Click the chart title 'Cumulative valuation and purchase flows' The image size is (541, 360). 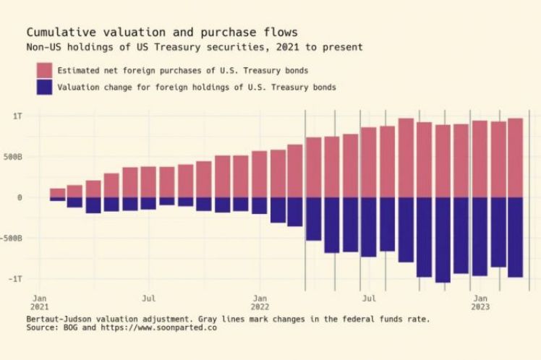pyautogui.click(x=161, y=33)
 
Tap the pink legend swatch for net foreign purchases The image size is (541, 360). pyautogui.click(x=45, y=70)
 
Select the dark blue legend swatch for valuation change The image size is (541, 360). pyautogui.click(x=45, y=87)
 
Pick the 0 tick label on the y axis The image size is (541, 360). pyautogui.click(x=20, y=197)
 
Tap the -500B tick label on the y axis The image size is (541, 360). pyautogui.click(x=12, y=238)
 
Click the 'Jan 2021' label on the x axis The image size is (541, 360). pyautogui.click(x=40, y=301)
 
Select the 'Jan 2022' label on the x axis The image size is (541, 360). pyautogui.click(x=260, y=301)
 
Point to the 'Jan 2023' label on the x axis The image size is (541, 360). pyautogui.click(x=480, y=301)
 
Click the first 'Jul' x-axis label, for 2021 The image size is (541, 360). pyautogui.click(x=149, y=297)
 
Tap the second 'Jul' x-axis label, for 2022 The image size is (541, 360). pyautogui.click(x=369, y=297)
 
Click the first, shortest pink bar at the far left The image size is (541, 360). pyautogui.click(x=57, y=193)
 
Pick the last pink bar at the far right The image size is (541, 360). pyautogui.click(x=515, y=158)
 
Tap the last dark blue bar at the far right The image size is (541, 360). pyautogui.click(x=515, y=237)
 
